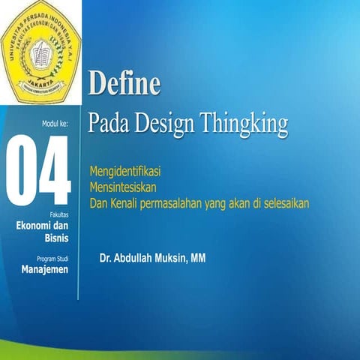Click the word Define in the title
tap(124, 82)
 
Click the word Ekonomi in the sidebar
tap(37, 225)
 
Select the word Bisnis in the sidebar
tap(56, 238)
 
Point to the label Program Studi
tap(51, 259)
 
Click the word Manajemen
tap(45, 270)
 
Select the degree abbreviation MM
tap(199, 259)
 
